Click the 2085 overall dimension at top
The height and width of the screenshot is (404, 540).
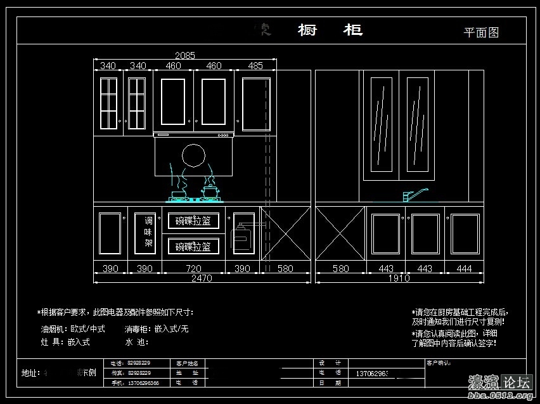tap(184, 56)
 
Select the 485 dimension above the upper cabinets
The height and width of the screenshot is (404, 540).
tap(255, 65)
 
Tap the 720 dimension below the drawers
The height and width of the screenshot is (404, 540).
tap(193, 269)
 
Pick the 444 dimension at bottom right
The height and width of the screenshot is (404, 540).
tap(464, 269)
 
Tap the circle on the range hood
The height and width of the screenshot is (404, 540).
tap(193, 156)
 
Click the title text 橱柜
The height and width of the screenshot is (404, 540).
tap(330, 30)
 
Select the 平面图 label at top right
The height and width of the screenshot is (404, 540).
tap(481, 32)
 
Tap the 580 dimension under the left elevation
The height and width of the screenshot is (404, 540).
tap(285, 269)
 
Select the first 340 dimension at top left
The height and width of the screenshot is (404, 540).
tap(108, 65)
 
